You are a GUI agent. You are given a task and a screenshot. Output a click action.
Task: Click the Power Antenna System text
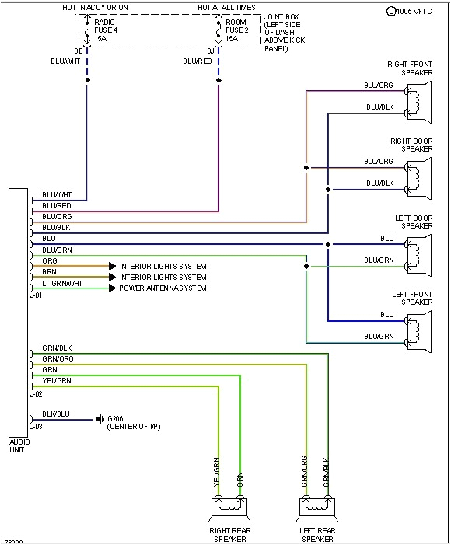(163, 288)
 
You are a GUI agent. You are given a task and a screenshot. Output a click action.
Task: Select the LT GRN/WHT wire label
(62, 283)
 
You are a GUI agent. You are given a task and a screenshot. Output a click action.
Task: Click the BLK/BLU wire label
(56, 414)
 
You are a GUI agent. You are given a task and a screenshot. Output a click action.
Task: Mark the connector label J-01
(36, 296)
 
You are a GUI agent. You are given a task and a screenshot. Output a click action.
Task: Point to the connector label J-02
(36, 394)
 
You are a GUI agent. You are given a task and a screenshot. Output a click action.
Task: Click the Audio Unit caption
(19, 445)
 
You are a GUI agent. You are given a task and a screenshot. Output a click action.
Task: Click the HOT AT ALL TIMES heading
(226, 6)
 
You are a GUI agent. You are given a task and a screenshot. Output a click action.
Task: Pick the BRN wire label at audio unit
(49, 272)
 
